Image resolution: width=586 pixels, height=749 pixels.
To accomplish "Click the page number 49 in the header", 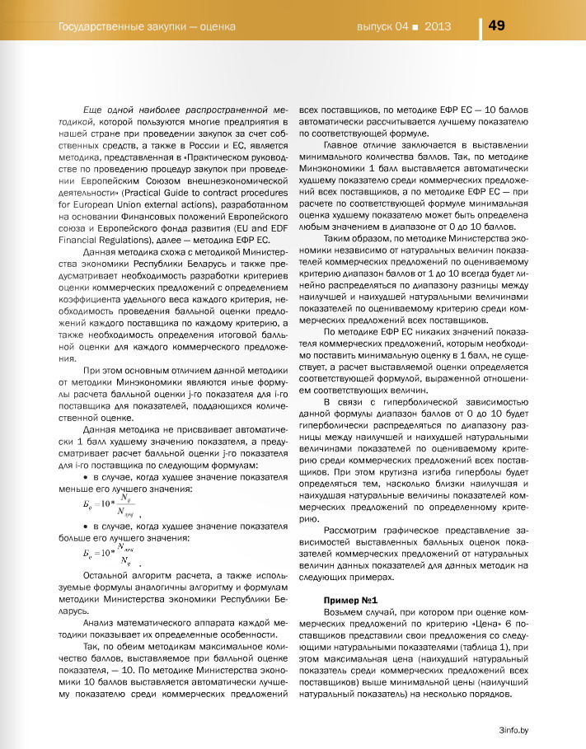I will [x=497, y=26].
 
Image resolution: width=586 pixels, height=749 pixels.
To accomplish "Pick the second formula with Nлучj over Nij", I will [x=102, y=553].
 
